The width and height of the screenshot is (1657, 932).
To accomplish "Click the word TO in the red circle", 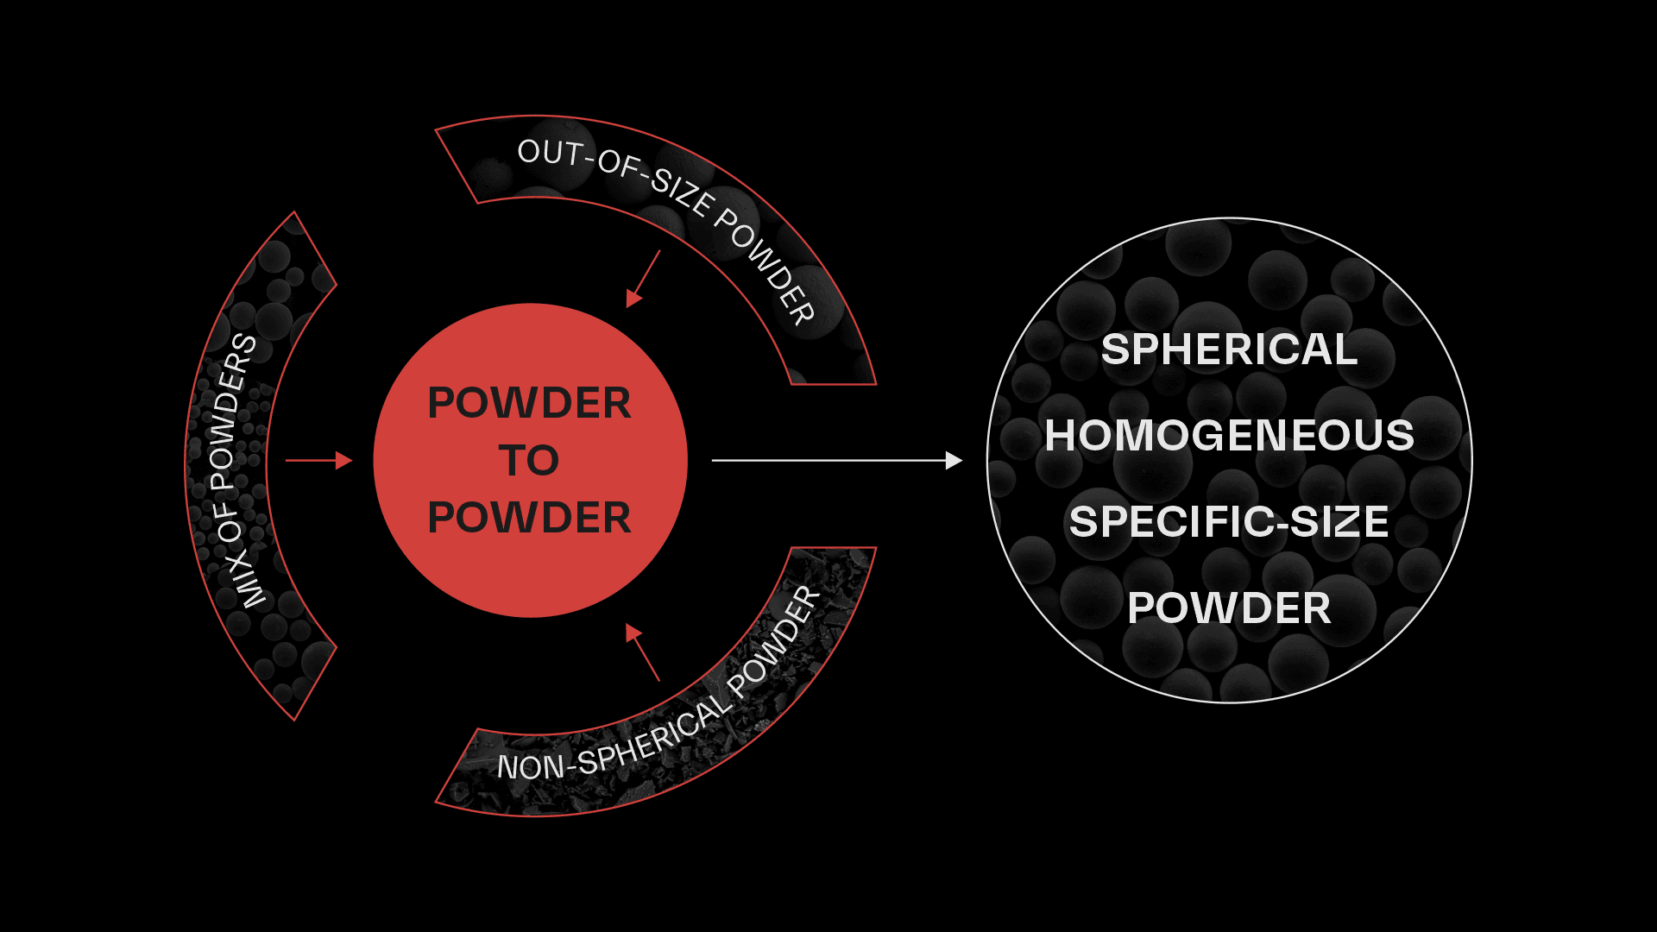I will click(529, 461).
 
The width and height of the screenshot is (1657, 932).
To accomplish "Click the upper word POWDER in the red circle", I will click(529, 403).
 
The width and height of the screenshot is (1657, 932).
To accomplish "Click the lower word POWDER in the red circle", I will click(529, 518).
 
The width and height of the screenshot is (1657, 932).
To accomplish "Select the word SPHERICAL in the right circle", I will click(1229, 349).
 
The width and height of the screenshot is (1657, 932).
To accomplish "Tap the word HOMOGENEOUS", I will click(1229, 435).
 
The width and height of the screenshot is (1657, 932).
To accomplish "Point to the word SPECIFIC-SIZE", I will click(1229, 522).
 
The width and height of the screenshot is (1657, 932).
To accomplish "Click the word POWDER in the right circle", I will click(1229, 608).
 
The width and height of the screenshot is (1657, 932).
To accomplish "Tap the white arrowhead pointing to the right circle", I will click(954, 461).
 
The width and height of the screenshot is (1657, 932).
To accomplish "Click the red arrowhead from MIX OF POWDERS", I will click(344, 461).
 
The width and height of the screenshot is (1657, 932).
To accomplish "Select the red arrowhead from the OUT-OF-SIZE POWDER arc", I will click(633, 298).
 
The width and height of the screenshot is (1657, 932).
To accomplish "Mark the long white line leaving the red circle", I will click(828, 461).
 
